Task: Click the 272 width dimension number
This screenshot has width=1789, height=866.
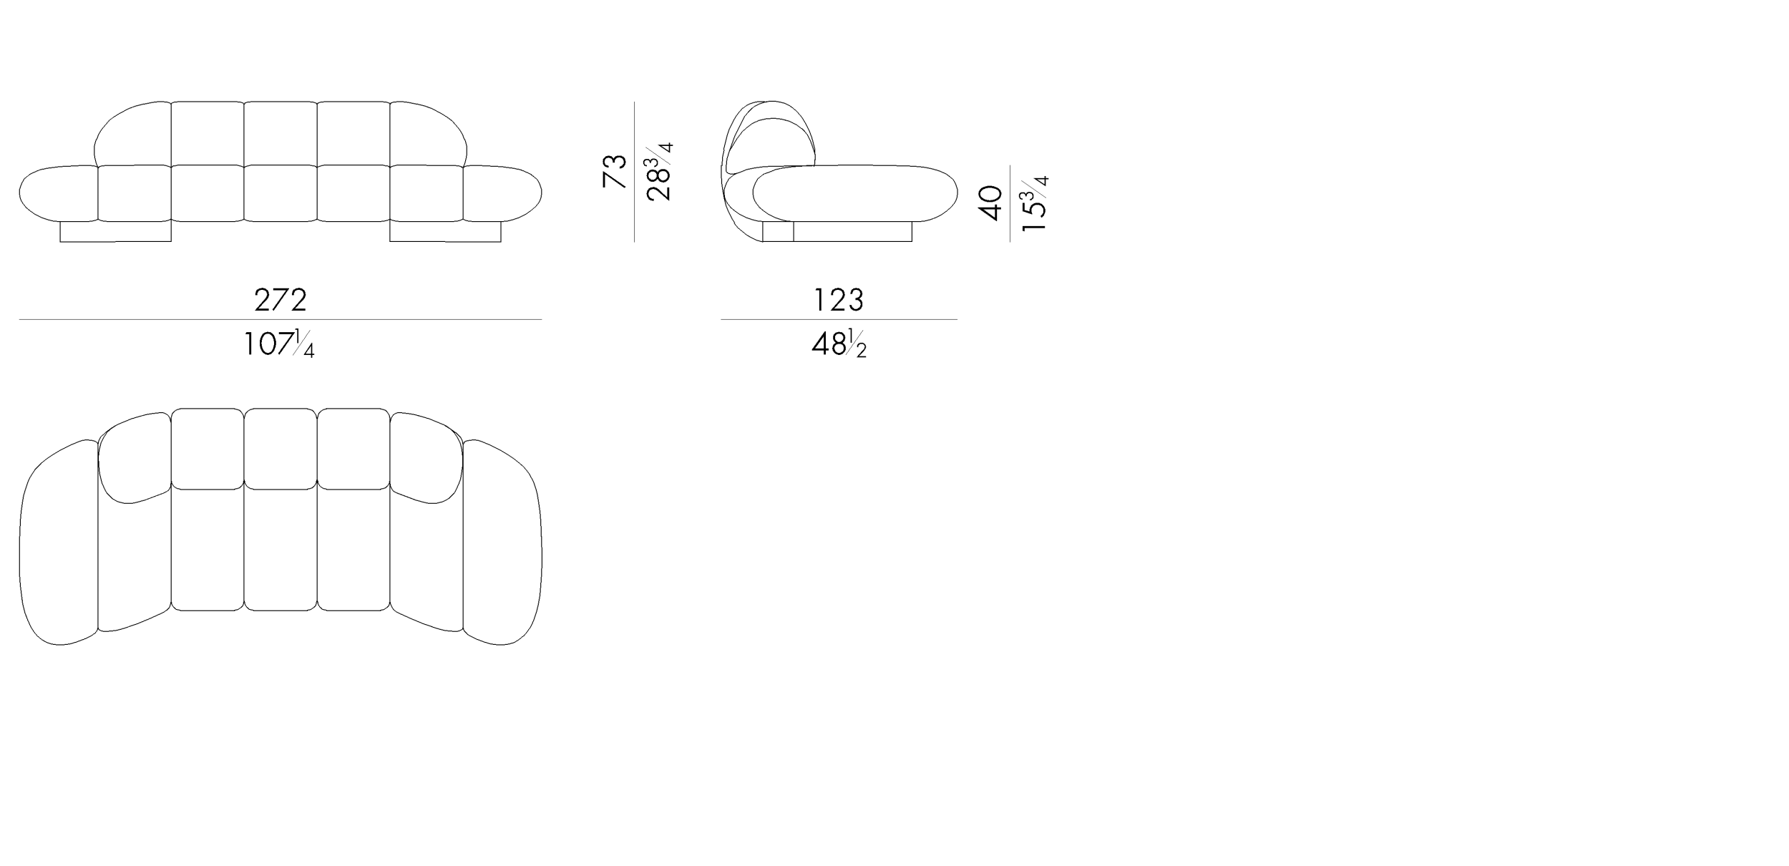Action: tap(281, 300)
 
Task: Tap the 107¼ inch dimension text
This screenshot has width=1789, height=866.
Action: tap(279, 344)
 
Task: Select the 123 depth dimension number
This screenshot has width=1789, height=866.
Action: tap(839, 300)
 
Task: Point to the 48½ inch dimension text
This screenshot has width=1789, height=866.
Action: tap(839, 344)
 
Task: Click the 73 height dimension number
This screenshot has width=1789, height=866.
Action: tap(615, 172)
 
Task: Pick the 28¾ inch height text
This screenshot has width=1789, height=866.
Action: tap(659, 172)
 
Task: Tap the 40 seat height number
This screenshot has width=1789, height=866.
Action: tap(990, 203)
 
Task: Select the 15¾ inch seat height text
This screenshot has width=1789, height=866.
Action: tap(1034, 203)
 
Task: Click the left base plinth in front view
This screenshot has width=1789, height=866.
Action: tap(115, 231)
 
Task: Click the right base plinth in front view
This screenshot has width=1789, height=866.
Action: tap(445, 231)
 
